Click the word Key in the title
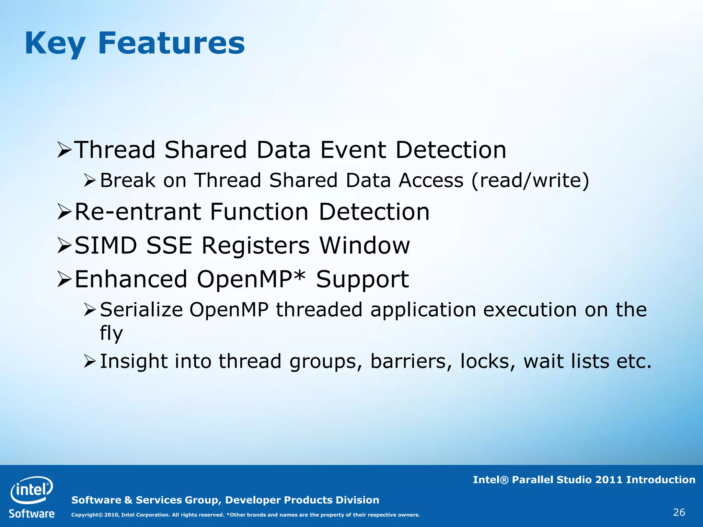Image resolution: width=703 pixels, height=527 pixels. (55, 44)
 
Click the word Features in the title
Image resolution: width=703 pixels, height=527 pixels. (171, 43)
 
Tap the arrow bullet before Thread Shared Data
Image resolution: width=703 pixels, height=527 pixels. (64, 150)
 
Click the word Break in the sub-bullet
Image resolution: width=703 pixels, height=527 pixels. (128, 180)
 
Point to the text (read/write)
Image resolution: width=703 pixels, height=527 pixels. (530, 180)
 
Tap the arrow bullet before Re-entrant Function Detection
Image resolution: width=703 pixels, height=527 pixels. (64, 212)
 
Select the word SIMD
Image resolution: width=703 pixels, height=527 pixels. (106, 245)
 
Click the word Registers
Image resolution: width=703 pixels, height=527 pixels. (255, 245)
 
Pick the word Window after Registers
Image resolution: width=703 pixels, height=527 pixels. (365, 245)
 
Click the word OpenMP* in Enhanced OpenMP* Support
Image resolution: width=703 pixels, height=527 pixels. (251, 279)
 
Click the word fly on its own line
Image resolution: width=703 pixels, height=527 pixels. (111, 333)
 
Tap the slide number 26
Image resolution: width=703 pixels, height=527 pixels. (679, 513)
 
